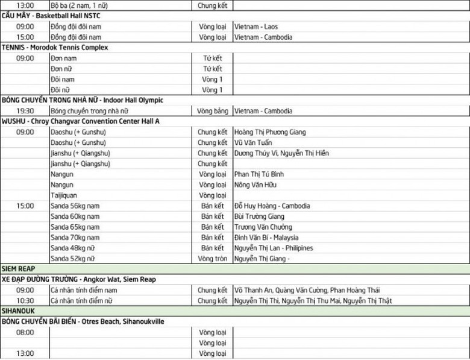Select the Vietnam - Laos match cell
click(x=256, y=27)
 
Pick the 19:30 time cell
click(x=25, y=111)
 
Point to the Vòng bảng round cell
click(x=212, y=111)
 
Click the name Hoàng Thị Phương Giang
click(x=270, y=132)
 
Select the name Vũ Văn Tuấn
click(x=252, y=143)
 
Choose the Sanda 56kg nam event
click(x=75, y=206)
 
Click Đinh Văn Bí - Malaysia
click(x=266, y=238)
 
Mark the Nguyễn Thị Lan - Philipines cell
click(x=274, y=248)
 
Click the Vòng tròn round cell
click(x=212, y=259)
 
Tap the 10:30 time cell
click(x=25, y=301)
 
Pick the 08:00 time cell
click(x=25, y=332)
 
